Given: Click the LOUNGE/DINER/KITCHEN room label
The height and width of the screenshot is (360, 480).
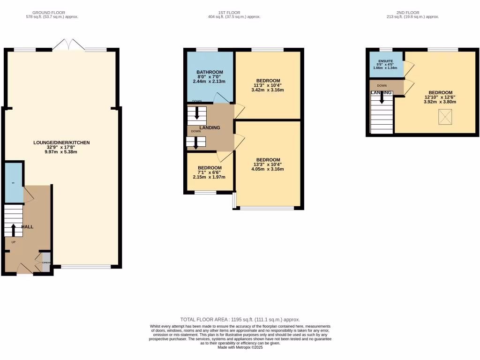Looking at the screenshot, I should pyautogui.click(x=61, y=142).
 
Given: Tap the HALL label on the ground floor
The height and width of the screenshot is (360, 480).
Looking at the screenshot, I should pyautogui.click(x=27, y=227).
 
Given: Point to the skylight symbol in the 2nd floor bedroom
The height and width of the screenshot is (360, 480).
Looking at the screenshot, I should pyautogui.click(x=445, y=117).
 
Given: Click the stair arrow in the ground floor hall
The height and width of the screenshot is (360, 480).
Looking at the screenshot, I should pyautogui.click(x=13, y=229).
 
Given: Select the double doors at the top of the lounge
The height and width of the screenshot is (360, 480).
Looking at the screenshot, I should pyautogui.click(x=69, y=45).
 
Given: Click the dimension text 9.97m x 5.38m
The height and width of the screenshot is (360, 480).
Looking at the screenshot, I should pyautogui.click(x=61, y=152).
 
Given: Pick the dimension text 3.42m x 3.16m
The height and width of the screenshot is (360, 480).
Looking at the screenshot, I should pyautogui.click(x=268, y=90).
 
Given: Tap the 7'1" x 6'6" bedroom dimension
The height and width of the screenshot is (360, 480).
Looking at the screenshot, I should pyautogui.click(x=210, y=172).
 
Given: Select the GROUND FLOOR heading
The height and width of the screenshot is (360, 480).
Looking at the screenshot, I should pyautogui.click(x=48, y=13).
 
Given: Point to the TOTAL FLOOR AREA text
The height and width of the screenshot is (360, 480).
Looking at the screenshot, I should pyautogui.click(x=240, y=319).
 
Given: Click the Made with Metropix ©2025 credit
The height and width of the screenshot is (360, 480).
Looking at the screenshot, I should pyautogui.click(x=240, y=347).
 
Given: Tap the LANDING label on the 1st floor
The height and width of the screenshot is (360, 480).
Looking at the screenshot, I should pyautogui.click(x=210, y=127).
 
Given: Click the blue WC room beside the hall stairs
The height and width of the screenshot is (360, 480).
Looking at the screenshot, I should pyautogui.click(x=14, y=181).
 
